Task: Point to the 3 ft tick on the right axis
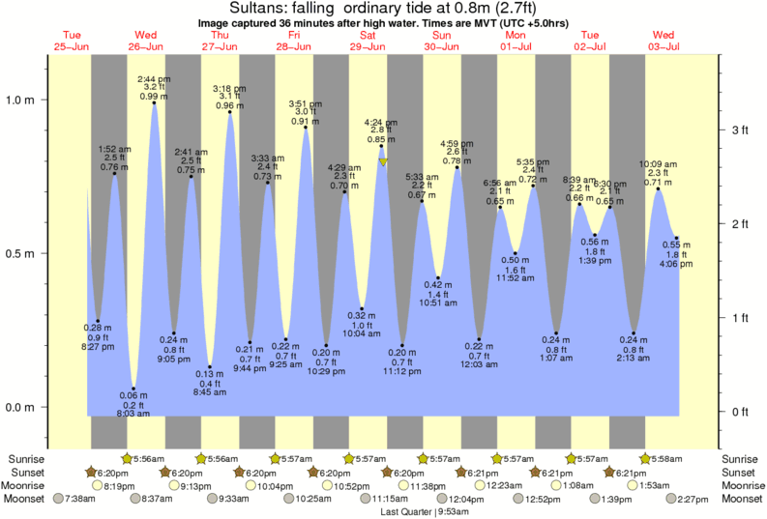pos(740,130)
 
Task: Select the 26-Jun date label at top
pos(146,46)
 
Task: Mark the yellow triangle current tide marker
pos(383,162)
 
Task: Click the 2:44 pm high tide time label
pos(154,78)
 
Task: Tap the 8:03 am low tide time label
pos(133,414)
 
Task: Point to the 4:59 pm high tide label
pos(458,144)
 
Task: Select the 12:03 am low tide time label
pos(480,364)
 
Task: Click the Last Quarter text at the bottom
pos(405,511)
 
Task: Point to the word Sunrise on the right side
pos(740,458)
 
